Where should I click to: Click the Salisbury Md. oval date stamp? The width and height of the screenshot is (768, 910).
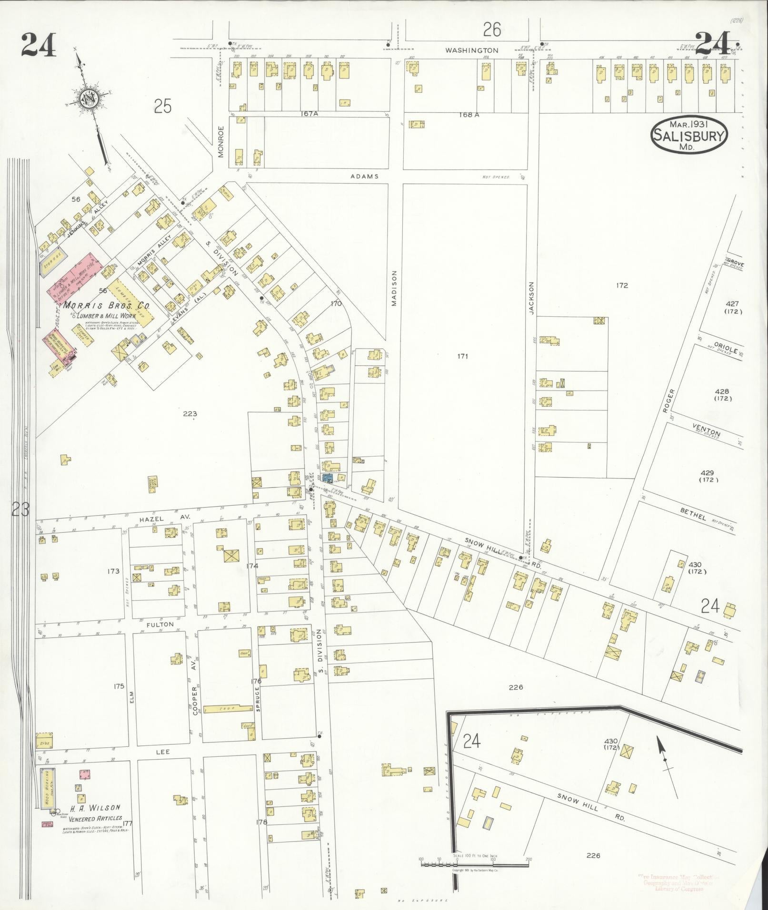[x=689, y=134]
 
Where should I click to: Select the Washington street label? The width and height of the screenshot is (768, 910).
[x=472, y=50]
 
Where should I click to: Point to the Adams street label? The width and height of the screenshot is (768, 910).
[x=364, y=176]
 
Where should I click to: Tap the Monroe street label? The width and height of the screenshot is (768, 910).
[x=220, y=141]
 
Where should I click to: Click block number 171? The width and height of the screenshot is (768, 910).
[x=462, y=356]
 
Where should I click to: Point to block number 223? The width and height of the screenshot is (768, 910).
[x=190, y=414]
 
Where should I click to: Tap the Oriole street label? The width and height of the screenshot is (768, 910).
[x=726, y=352]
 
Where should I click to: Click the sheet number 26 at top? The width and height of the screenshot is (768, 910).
[x=492, y=30]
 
